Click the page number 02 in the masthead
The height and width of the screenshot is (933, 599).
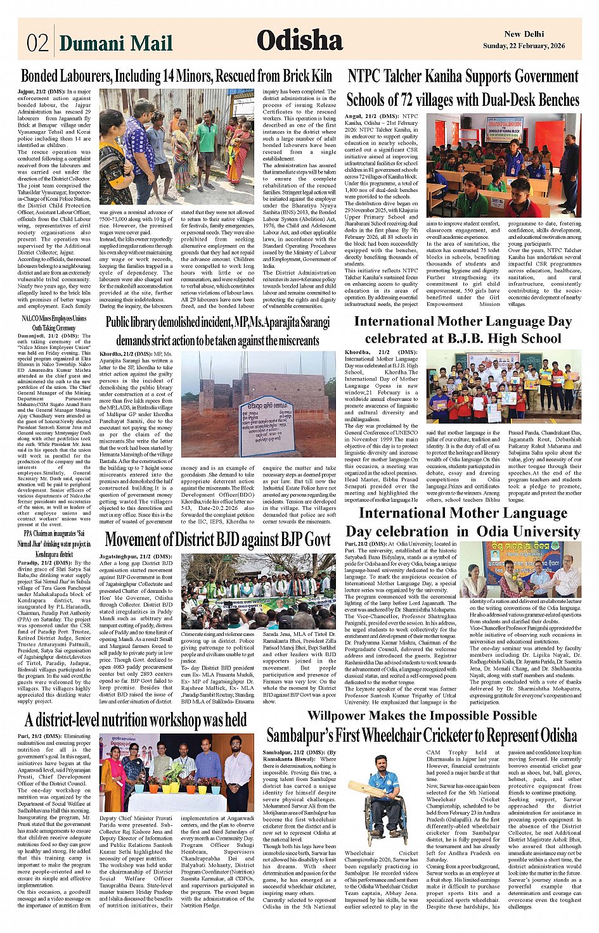click(x=37, y=42)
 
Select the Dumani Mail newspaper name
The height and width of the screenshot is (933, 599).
click(x=116, y=42)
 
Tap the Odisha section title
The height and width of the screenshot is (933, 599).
click(x=299, y=41)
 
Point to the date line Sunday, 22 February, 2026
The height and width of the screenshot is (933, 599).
click(x=524, y=46)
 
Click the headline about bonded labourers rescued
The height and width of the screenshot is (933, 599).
click(x=176, y=76)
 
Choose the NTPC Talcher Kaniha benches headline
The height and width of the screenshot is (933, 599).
click(x=463, y=88)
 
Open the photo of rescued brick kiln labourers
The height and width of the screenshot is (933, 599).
click(x=176, y=147)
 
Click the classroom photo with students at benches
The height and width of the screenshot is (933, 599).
click(x=503, y=166)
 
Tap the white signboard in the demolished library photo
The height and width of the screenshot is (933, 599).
click(x=266, y=425)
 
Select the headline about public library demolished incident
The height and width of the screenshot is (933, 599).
click(x=217, y=331)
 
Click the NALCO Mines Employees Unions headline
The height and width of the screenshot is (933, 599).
click(x=55, y=323)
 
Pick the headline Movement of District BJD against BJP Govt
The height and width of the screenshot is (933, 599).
click(x=217, y=540)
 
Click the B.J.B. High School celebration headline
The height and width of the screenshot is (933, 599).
click(x=463, y=329)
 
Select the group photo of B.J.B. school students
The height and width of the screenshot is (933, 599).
click(x=503, y=386)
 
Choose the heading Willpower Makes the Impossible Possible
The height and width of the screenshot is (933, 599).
click(x=422, y=715)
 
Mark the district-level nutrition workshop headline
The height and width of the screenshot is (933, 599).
click(x=136, y=720)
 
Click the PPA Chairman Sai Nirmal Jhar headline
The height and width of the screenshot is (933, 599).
click(x=55, y=543)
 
